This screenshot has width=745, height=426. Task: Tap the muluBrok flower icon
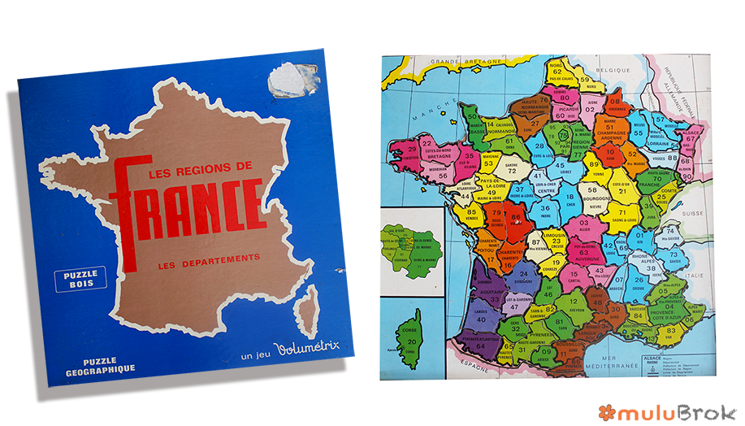click(606, 411)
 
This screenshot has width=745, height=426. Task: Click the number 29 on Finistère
click(412, 150)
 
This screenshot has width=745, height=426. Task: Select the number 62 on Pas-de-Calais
click(557, 72)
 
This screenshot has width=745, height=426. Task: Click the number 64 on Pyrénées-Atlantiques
click(481, 346)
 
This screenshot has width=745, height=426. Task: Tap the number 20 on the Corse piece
click(412, 341)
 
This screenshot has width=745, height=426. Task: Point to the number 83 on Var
click(670, 331)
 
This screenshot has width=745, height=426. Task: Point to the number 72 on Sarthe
click(512, 170)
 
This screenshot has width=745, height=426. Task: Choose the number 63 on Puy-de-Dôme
click(583, 252)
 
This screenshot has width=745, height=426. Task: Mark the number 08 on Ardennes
click(615, 102)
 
